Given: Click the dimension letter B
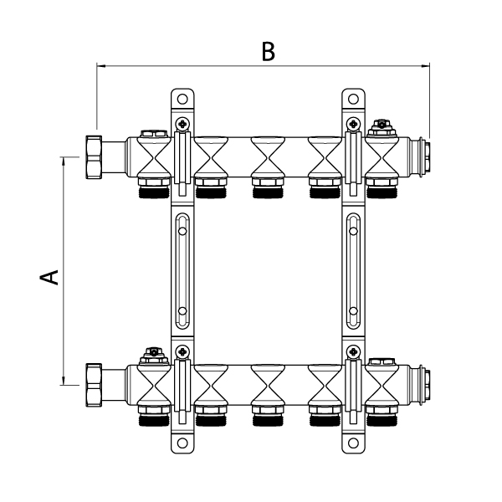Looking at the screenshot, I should tap(267, 52).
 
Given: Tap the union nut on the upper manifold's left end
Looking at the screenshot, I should tap(94, 156).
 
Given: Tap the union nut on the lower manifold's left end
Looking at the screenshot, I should tap(94, 385).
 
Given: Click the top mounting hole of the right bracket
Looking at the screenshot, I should tap(354, 99).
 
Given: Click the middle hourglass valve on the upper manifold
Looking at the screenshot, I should tap(267, 156).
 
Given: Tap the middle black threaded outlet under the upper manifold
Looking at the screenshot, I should tap(267, 190).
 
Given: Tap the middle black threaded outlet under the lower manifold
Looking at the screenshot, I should tap(267, 418).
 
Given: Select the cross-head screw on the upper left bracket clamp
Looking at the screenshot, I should tap(182, 125).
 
